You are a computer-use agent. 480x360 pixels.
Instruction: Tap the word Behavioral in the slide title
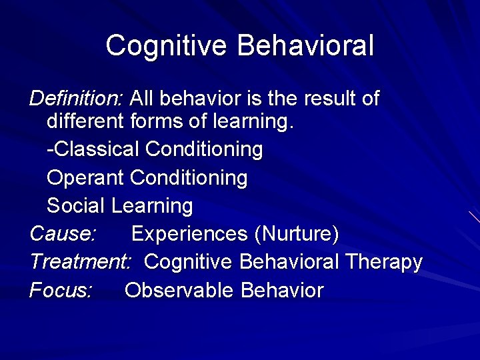tap(305, 46)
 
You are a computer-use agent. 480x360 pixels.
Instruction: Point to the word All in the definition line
tap(143, 99)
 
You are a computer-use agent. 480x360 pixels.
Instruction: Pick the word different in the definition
tap(85, 122)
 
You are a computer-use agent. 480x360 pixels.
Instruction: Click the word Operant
tap(85, 178)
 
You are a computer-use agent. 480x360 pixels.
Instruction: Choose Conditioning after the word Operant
tap(189, 178)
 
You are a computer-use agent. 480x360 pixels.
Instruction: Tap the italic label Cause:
tap(63, 234)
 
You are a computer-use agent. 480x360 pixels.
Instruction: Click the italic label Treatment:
tap(81, 262)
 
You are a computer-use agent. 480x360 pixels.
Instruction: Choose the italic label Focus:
tap(61, 291)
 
